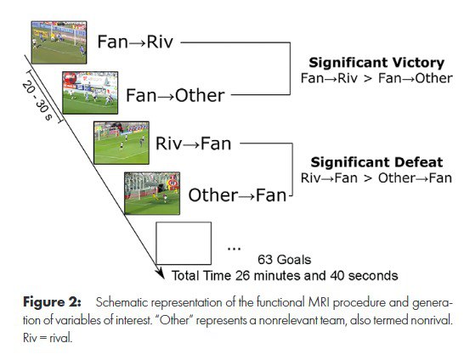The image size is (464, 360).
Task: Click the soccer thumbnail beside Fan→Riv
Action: [x=59, y=42]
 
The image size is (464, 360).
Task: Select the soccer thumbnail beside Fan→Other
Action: [x=90, y=93]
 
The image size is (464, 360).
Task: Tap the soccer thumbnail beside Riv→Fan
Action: [x=122, y=143]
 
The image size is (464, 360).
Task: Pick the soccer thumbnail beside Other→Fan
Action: [x=152, y=194]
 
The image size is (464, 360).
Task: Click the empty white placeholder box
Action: [x=184, y=243]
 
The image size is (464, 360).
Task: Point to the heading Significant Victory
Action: [x=376, y=63]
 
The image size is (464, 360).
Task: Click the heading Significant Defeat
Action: [x=376, y=162]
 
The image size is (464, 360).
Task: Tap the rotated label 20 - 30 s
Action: [x=37, y=100]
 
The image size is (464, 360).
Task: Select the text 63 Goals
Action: [x=285, y=260]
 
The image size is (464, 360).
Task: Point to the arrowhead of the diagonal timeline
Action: [x=161, y=274]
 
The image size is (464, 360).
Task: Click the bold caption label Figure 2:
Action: [x=52, y=302]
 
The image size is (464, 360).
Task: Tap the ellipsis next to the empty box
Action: [x=234, y=249]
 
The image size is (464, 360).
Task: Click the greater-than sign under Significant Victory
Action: [x=367, y=79]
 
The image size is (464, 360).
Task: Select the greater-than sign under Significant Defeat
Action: [x=367, y=178]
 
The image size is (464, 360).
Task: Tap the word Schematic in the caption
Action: [x=122, y=302]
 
